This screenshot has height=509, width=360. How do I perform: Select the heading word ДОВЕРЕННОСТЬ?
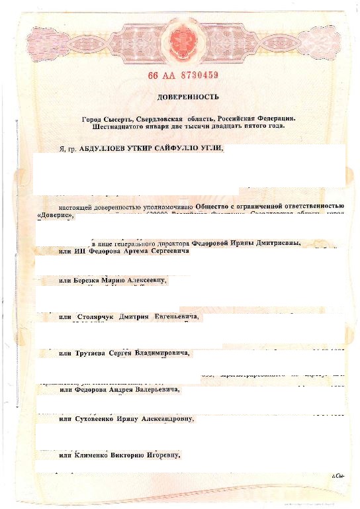pyautogui.click(x=180, y=97)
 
